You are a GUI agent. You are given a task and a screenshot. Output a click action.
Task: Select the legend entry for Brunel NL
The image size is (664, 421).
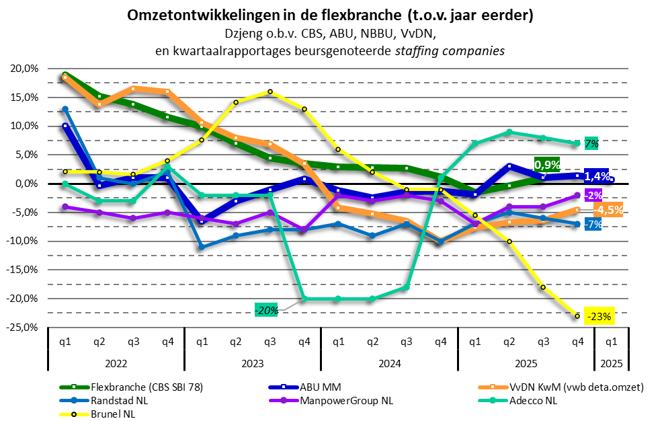point(110,414)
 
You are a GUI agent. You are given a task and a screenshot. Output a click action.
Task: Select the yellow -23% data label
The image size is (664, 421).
point(598,316)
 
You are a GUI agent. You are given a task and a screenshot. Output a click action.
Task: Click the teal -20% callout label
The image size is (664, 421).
point(267,309)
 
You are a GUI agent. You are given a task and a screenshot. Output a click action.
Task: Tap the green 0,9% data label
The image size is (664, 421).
point(547,163)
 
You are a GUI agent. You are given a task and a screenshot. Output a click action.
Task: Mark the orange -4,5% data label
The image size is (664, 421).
point(607,209)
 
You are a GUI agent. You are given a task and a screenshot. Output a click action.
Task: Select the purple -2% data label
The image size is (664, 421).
point(593,195)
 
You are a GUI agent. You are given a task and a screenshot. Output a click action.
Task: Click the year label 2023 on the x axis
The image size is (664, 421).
point(252,364)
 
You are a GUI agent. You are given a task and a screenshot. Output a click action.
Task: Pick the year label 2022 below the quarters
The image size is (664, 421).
point(116,364)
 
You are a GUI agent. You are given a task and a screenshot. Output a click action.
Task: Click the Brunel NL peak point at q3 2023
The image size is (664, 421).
point(270,91)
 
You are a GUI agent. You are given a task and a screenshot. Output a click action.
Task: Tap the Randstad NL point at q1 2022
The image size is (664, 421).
point(65,109)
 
